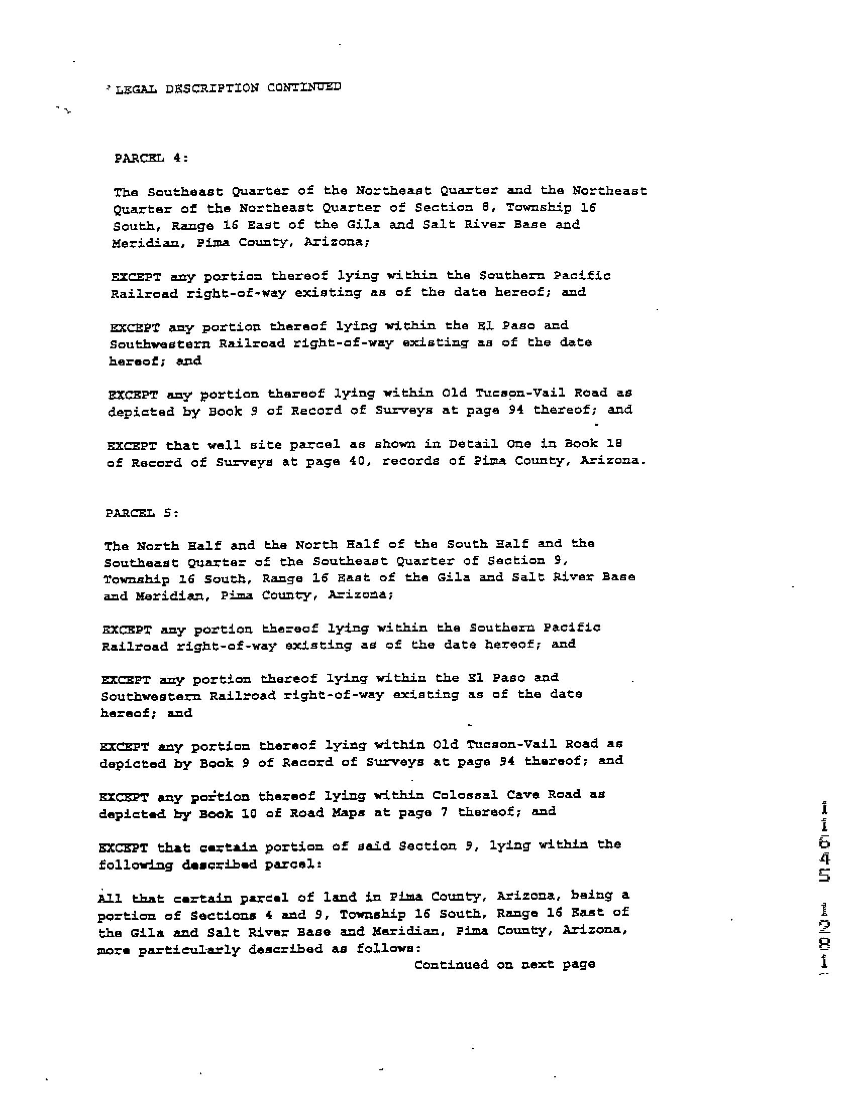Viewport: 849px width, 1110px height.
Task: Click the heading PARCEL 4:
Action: [151, 158]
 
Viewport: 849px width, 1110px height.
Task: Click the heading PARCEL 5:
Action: [142, 513]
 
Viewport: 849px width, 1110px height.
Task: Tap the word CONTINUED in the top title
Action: [304, 87]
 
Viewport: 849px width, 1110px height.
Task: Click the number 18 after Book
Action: [615, 443]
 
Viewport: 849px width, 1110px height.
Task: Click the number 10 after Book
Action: [249, 814]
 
